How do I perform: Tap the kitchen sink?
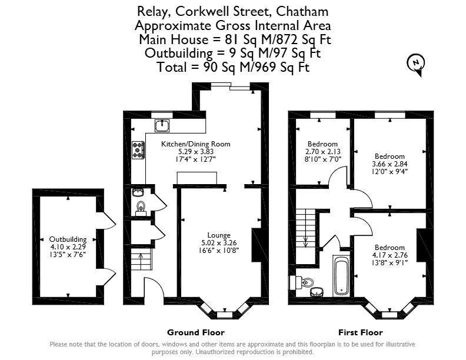pos(162,126)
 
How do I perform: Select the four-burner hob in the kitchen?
pos(138,150)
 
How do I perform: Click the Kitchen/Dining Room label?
pos(195,144)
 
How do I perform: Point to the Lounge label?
pos(219,235)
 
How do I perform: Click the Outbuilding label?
pos(68,239)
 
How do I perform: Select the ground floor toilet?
pos(141,208)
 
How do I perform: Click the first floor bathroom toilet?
pos(301,282)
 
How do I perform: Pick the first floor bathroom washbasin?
pos(317,292)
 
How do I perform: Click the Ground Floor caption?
pos(195,332)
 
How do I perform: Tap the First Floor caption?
pos(361,332)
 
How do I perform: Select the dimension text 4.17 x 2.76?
pos(390,255)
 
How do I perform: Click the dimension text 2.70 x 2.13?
pos(322,152)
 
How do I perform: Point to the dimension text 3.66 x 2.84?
pos(390,164)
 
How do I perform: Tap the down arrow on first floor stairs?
pos(305,242)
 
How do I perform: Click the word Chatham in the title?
pos(302,12)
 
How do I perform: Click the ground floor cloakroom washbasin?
pos(138,193)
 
